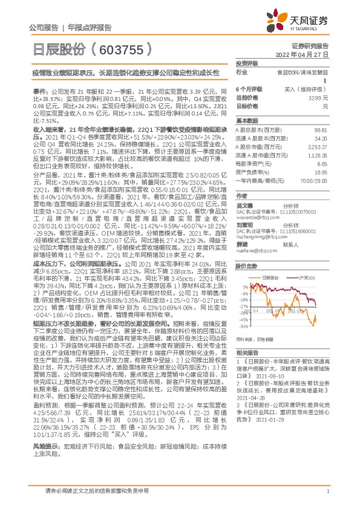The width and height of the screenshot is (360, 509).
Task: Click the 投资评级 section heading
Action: [x=247, y=63]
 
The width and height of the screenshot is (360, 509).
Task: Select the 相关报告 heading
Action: [x=247, y=352]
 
